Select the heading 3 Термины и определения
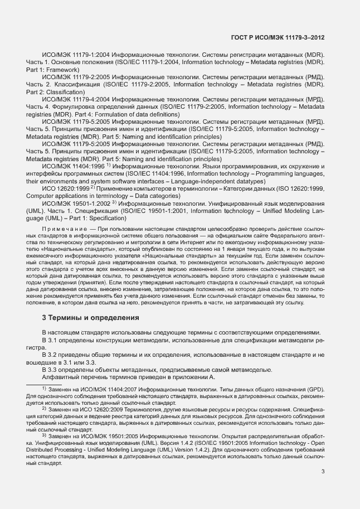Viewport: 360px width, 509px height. [90, 318]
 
